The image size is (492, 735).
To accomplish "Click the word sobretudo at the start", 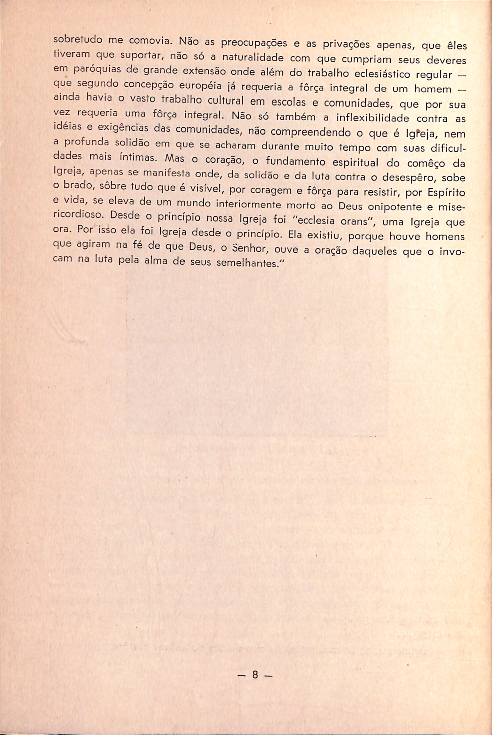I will pyautogui.click(x=78, y=40).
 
